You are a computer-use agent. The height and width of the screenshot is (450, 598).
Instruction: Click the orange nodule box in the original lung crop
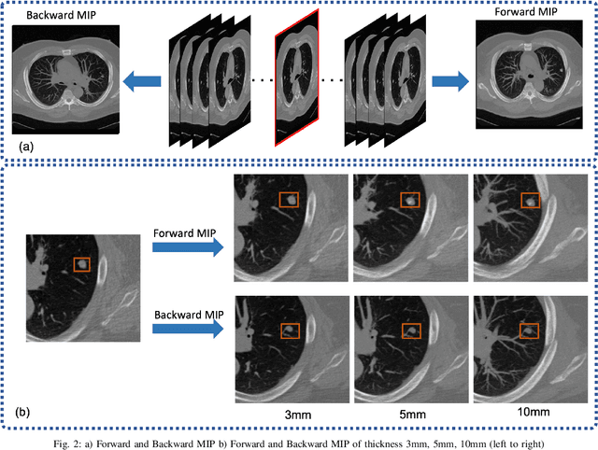[x=82, y=265]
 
